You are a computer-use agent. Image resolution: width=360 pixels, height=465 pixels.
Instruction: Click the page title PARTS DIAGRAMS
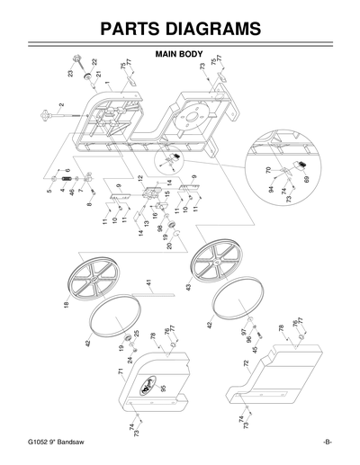coord(180,29)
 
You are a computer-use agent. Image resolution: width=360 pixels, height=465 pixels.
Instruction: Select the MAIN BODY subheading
coord(180,55)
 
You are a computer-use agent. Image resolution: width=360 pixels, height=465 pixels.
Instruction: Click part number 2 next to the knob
coord(61,105)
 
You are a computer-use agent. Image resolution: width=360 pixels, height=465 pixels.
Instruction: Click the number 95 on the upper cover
coord(163,389)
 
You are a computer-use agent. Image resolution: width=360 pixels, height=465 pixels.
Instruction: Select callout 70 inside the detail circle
coord(268,169)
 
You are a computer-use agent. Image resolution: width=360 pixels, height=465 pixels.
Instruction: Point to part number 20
coord(169,246)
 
